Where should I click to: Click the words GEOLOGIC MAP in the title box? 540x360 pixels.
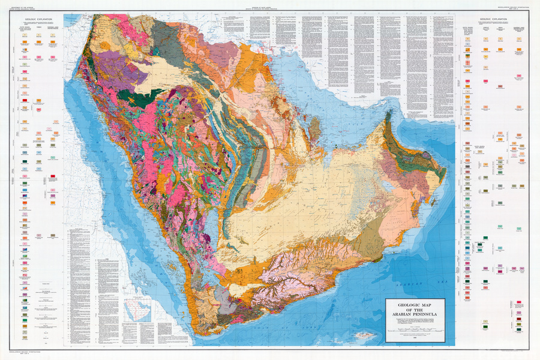coord(415,305)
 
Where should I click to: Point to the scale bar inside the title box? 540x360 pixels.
coord(415,329)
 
